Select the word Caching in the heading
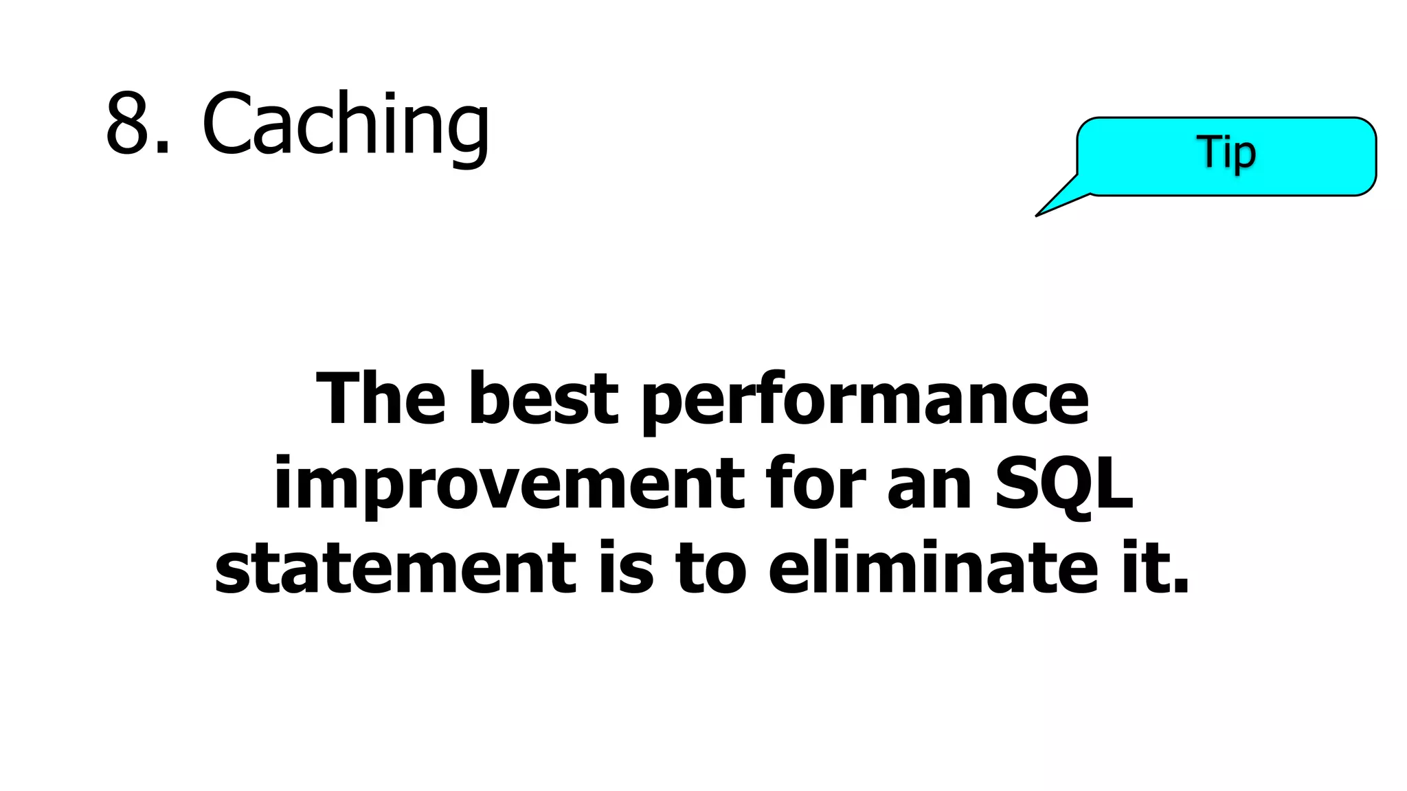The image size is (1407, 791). tap(345, 126)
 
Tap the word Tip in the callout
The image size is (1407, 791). tap(1226, 152)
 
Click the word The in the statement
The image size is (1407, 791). tap(381, 399)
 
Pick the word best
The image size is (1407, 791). tap(543, 399)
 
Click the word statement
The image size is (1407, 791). tap(395, 569)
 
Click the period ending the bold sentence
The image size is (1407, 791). tap(1180, 585)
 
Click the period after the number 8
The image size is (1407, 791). tap(162, 146)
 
